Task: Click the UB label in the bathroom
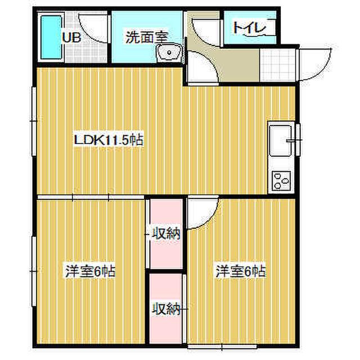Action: pyautogui.click(x=71, y=38)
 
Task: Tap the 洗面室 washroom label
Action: pyautogui.click(x=146, y=38)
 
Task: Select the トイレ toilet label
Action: pyautogui.click(x=245, y=27)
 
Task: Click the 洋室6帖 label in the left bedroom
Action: pyautogui.click(x=89, y=271)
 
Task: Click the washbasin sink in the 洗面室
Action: pyautogui.click(x=168, y=53)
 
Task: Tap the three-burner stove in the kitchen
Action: pyautogui.click(x=280, y=181)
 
